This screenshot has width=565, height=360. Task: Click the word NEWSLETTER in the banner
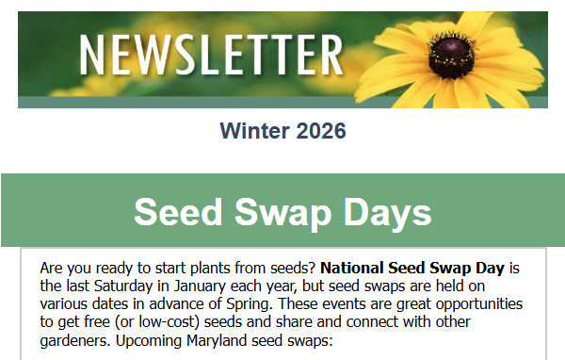(x=210, y=53)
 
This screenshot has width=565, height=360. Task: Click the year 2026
(x=318, y=131)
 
